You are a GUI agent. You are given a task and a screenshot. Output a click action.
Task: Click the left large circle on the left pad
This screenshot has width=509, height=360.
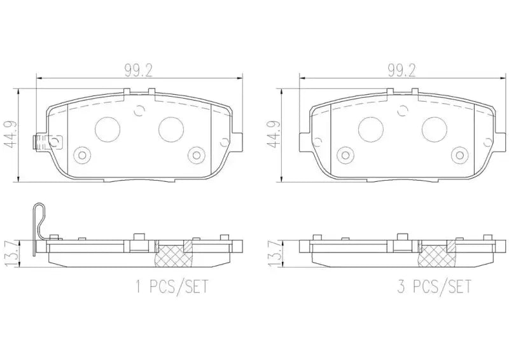click(x=107, y=130)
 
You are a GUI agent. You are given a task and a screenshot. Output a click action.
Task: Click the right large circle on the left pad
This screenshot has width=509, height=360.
click(x=171, y=130)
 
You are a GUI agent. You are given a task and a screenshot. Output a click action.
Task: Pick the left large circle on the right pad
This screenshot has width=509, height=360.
click(x=371, y=130)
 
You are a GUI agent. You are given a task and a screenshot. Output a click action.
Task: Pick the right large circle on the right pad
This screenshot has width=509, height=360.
click(x=435, y=130)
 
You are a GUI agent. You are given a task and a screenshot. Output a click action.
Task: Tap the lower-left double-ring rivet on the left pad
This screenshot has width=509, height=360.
click(x=81, y=155)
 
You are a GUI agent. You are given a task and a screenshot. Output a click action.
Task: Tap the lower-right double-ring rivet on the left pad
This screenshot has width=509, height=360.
click(x=196, y=155)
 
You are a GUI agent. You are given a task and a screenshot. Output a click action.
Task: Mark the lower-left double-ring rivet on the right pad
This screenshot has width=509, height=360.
click(x=345, y=155)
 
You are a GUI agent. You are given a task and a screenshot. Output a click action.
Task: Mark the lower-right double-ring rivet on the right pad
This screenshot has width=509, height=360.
click(x=460, y=155)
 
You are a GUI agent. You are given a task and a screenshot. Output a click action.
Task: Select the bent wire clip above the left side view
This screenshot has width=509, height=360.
click(x=39, y=223)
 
